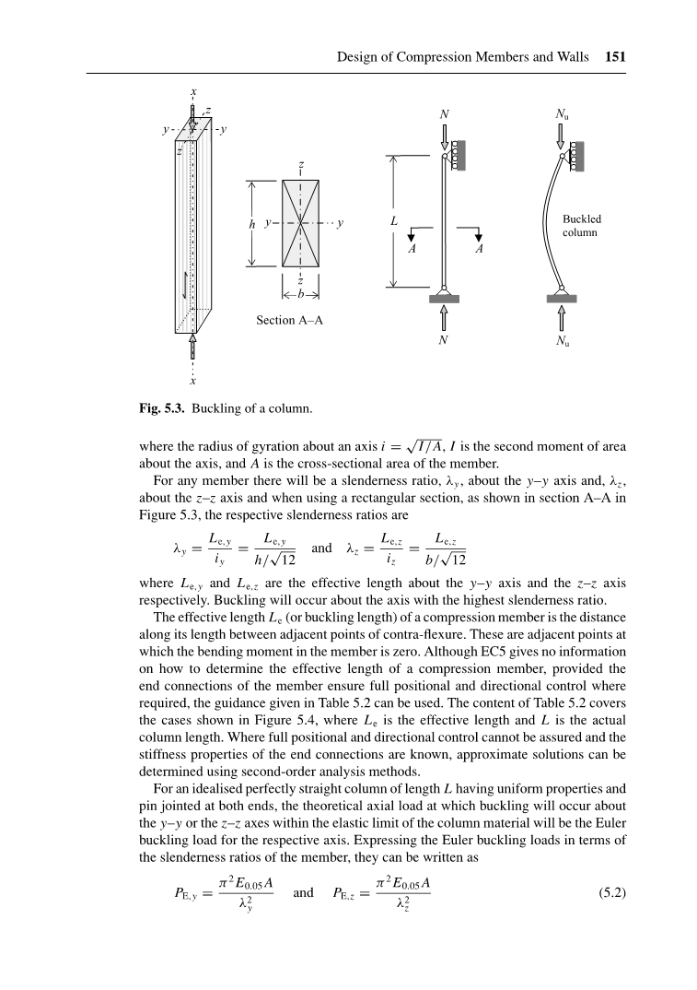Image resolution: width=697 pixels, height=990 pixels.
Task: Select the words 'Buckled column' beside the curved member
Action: (581, 226)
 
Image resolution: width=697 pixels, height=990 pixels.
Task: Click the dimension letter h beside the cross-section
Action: (251, 223)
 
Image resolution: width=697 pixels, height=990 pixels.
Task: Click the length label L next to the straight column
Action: (393, 222)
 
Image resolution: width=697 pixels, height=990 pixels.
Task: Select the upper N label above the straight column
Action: (444, 114)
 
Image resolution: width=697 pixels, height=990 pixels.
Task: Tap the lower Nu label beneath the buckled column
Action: (561, 340)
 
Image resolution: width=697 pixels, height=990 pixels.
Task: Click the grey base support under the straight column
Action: (445, 297)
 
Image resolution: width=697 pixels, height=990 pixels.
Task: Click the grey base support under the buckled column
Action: (562, 297)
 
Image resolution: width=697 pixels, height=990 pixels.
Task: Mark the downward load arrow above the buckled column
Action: (561, 136)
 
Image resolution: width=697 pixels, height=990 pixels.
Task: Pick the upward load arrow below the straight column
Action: (445, 316)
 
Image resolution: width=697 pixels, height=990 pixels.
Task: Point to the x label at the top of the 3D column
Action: (192, 92)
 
